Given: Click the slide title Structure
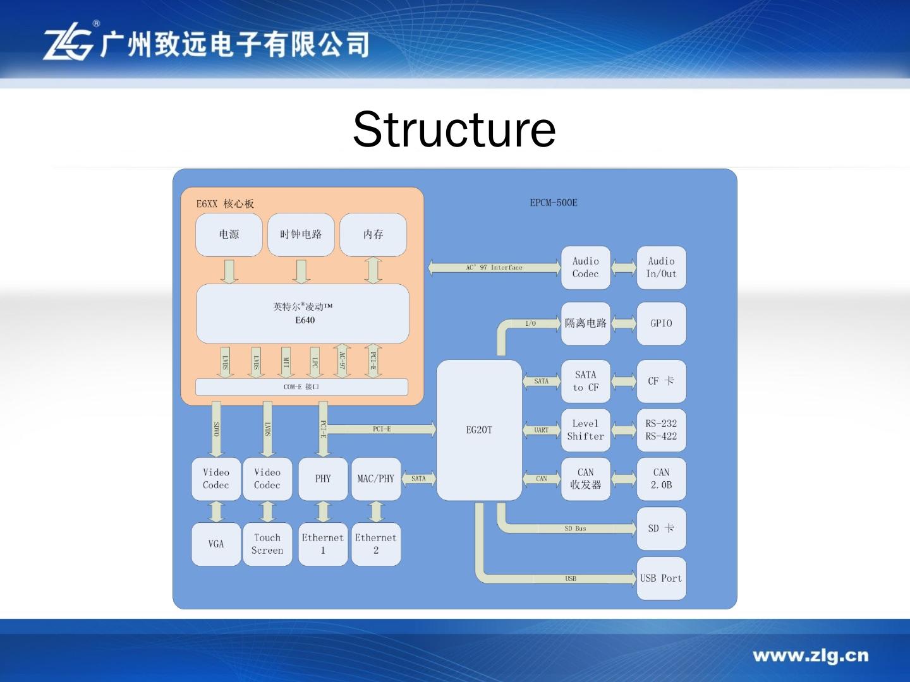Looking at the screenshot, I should click(x=454, y=129).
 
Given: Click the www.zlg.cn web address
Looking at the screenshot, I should click(x=810, y=655).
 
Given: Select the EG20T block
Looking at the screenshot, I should click(x=479, y=430).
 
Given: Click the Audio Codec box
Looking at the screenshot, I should click(x=585, y=268).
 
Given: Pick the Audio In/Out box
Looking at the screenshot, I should click(x=661, y=268).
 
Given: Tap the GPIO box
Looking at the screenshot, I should click(x=661, y=323).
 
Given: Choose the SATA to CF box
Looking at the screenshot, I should click(x=585, y=381).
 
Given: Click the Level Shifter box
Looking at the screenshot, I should click(x=585, y=430).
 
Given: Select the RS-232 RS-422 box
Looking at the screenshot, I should click(x=661, y=430).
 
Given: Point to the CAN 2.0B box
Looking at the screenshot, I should click(x=661, y=479).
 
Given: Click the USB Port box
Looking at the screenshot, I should click(x=661, y=578).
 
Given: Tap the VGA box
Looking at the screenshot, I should click(x=216, y=544).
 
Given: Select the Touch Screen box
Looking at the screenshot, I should click(x=267, y=544).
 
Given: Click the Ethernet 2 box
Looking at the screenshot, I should click(x=376, y=544).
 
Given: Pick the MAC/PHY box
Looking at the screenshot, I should click(x=376, y=479).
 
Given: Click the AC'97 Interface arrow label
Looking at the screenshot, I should click(x=494, y=268).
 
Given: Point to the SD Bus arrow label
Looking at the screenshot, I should click(x=575, y=529).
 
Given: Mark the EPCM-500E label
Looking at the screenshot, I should click(x=554, y=203).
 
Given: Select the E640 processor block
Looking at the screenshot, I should click(x=303, y=313).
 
